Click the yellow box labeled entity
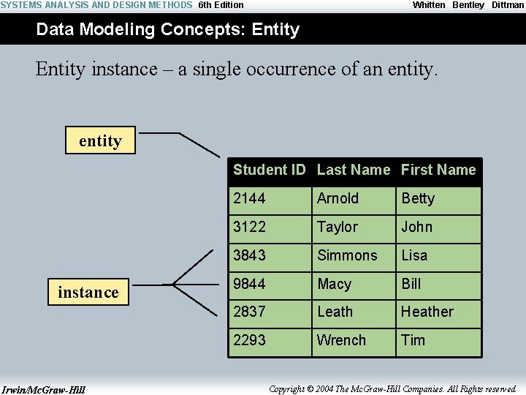[100, 140]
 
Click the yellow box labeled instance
[88, 293]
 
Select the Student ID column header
[269, 170]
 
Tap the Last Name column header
[354, 170]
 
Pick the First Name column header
[438, 170]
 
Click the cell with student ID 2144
[270, 199]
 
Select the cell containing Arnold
[354, 199]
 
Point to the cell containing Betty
[439, 199]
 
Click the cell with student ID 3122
[270, 227]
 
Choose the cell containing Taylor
[354, 227]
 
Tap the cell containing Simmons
[354, 256]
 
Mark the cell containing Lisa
[439, 256]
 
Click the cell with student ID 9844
[270, 284]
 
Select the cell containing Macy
[354, 284]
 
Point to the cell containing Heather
[439, 312]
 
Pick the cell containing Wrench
[354, 341]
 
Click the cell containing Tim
[439, 341]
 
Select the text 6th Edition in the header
[221, 5]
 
